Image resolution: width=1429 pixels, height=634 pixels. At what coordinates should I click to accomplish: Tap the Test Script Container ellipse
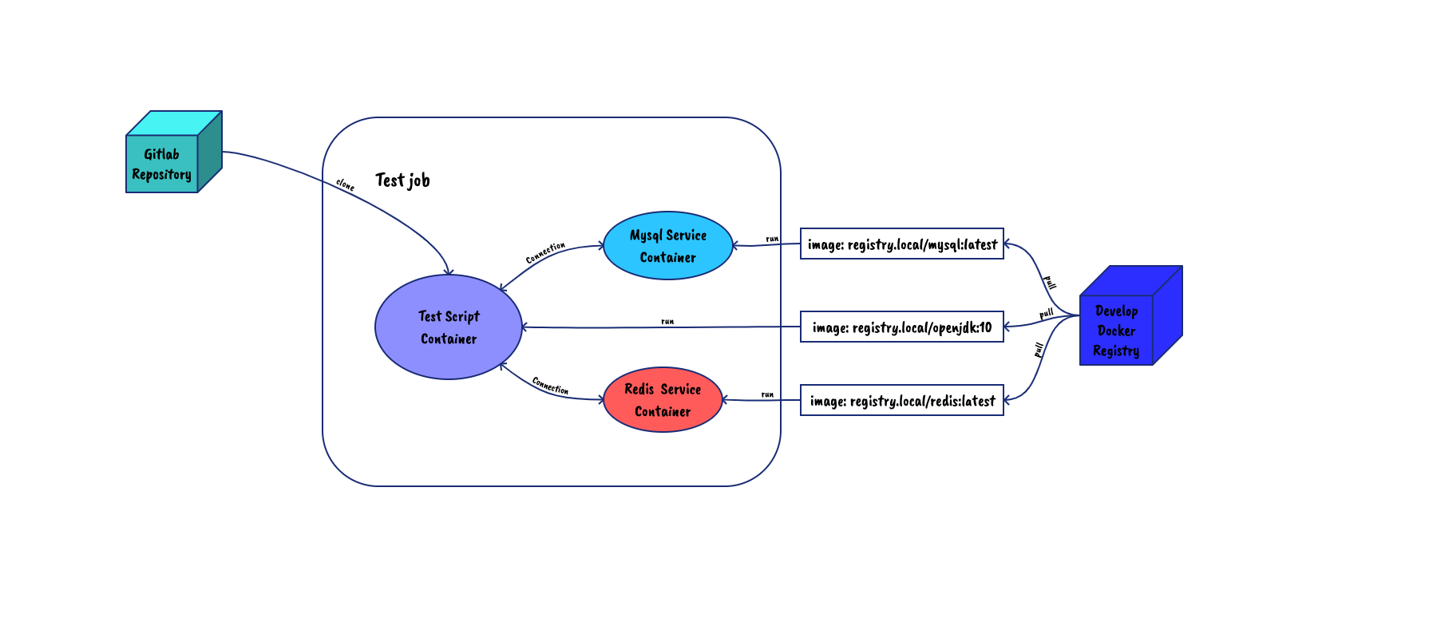(449, 327)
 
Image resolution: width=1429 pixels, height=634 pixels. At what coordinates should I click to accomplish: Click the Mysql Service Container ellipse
(668, 246)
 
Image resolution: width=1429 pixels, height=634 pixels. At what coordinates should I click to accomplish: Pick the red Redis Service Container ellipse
(663, 400)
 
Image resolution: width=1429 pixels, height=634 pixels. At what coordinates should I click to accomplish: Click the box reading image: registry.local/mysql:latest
(902, 244)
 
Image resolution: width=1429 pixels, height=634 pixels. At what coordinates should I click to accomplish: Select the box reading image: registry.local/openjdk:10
(902, 327)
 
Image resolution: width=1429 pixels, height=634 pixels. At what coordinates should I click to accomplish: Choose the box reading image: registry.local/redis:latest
(902, 401)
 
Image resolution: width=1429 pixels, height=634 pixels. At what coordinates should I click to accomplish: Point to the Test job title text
(402, 180)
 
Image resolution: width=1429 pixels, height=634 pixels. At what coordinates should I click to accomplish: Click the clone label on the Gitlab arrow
(345, 185)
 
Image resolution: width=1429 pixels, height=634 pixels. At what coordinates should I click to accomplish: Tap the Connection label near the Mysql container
(545, 252)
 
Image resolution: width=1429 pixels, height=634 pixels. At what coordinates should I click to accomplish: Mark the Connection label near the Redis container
(550, 386)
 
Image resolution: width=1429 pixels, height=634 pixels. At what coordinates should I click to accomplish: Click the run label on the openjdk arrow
(667, 322)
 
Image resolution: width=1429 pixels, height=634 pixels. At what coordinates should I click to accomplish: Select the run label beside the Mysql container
(772, 239)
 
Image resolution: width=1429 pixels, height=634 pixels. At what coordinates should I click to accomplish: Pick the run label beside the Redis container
(767, 394)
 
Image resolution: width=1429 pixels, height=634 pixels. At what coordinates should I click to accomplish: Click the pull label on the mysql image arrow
(1051, 283)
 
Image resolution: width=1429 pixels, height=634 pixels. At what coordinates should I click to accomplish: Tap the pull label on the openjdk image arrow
(1047, 313)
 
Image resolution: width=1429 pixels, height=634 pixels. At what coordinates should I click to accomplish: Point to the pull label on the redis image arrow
(1039, 349)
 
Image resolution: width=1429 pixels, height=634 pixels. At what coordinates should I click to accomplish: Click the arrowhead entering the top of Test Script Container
(449, 272)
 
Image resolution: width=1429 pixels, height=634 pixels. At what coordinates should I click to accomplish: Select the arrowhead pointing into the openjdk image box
(1007, 326)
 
